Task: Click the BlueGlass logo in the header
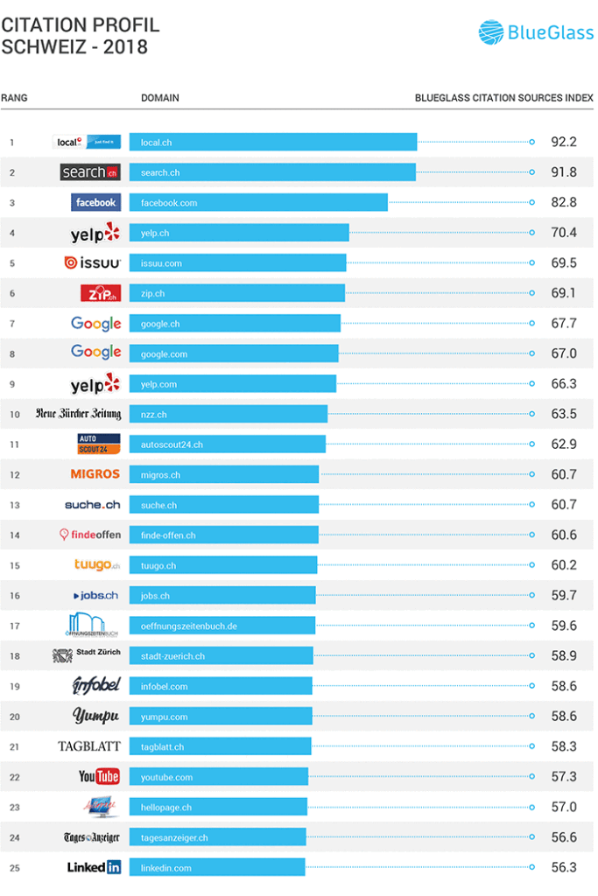pos(535,33)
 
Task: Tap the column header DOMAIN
pos(160,98)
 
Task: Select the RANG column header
pos(14,98)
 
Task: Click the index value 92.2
pos(564,142)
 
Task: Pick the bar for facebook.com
pos(258,202)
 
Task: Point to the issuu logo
pos(92,262)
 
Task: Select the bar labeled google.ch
pos(235,324)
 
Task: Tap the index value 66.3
pos(564,384)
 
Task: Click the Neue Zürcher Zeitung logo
pos(78,414)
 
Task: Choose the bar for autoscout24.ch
pos(228,444)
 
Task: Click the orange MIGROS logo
pos(95,474)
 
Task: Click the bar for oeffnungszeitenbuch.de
pos(222,626)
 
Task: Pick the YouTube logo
pos(98,777)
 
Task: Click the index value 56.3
pos(564,868)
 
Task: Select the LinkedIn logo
pos(94,868)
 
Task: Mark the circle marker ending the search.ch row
pos(532,172)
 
